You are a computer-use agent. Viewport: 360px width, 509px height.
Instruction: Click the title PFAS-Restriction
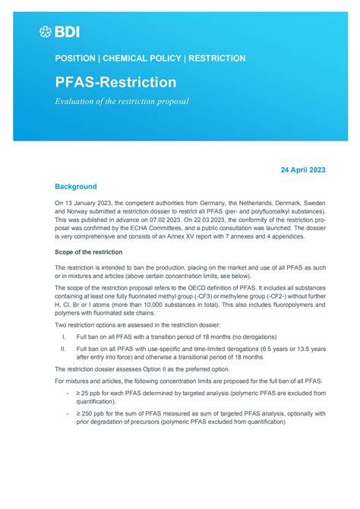115,81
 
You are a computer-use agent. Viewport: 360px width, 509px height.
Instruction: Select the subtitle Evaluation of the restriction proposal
122,102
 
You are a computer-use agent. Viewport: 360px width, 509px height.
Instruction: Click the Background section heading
75,186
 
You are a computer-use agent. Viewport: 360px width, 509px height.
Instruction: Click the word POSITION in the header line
75,58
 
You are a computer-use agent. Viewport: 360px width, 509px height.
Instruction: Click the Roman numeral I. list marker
64,335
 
